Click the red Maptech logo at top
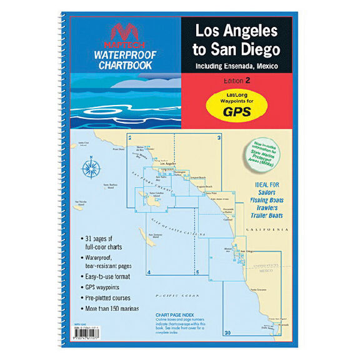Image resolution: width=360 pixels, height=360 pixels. pyautogui.click(x=119, y=34)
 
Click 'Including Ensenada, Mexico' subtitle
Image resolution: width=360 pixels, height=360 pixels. pyautogui.click(x=236, y=66)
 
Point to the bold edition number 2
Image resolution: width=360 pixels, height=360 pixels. pyautogui.click(x=248, y=81)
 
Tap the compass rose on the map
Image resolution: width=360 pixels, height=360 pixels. pyautogui.click(x=91, y=167)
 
